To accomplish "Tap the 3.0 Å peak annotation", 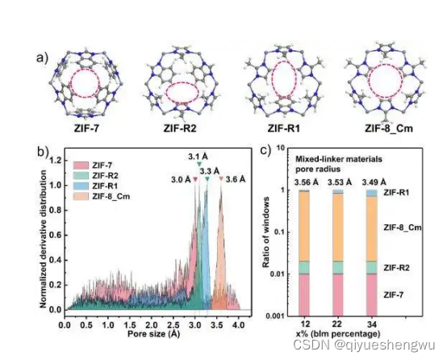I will [182, 178].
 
